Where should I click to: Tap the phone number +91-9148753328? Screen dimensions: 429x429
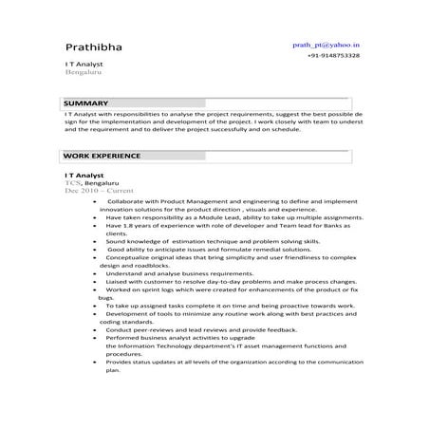pyautogui.click(x=333, y=56)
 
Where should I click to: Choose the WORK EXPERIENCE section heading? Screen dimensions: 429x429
pyautogui.click(x=102, y=155)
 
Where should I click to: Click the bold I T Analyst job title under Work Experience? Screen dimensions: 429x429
pyautogui.click(x=84, y=176)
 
